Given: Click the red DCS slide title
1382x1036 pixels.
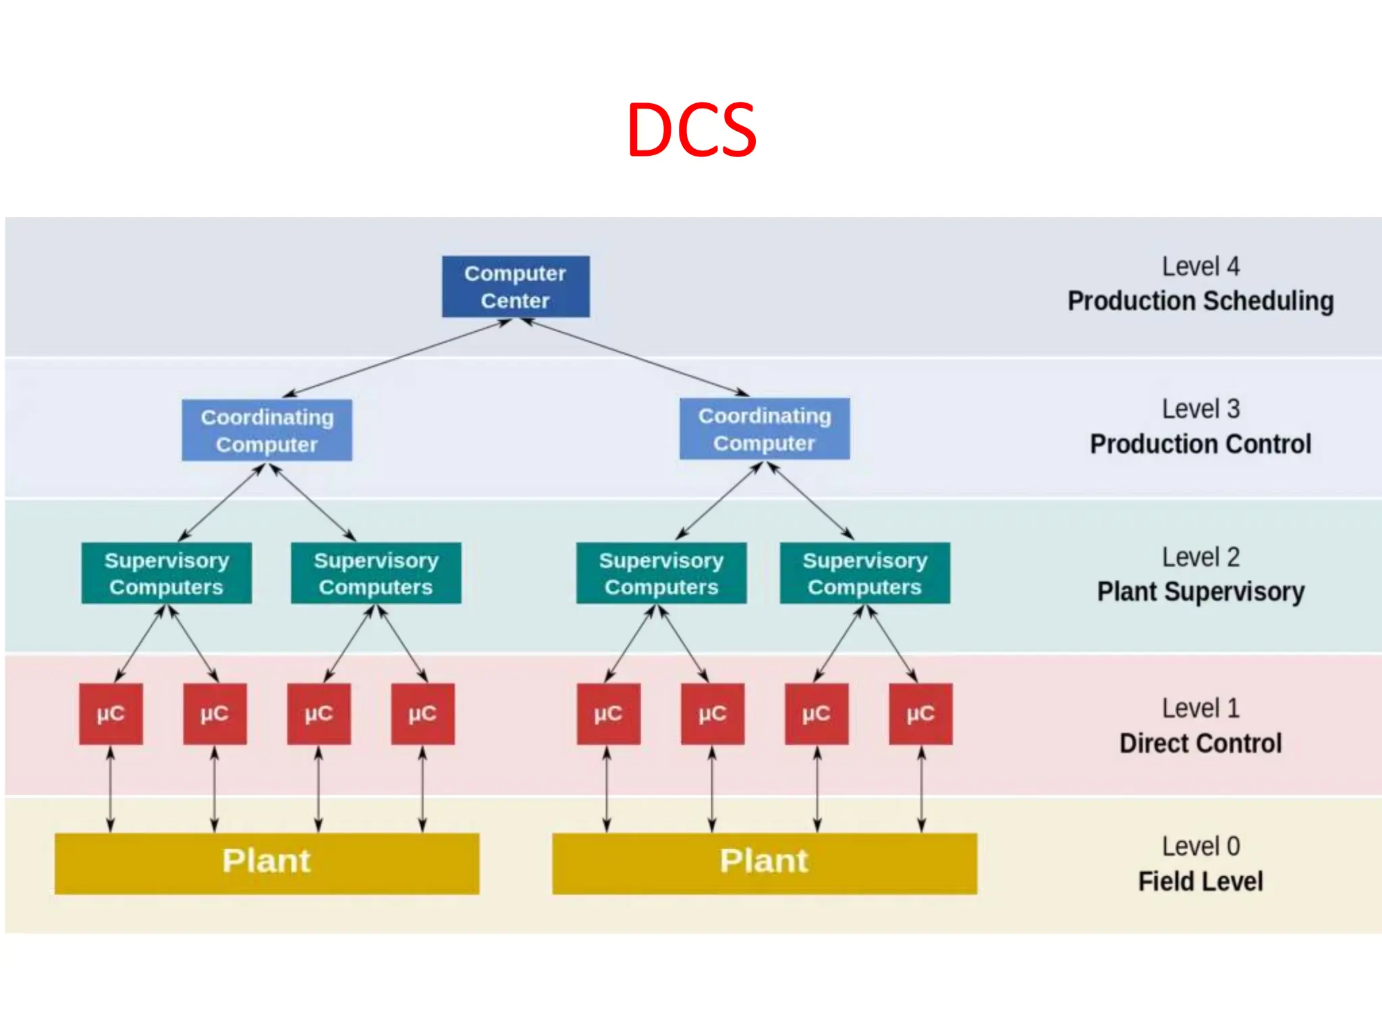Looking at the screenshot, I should click(691, 129).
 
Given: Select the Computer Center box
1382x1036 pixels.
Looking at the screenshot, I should click(516, 287).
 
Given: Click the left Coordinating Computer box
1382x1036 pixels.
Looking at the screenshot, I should click(267, 430).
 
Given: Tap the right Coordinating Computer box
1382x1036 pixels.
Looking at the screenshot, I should click(765, 429).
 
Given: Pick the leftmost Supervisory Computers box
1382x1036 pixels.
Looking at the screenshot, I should click(167, 573).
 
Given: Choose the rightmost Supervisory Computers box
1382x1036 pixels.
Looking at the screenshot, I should click(865, 573).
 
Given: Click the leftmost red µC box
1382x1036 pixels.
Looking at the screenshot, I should click(111, 714).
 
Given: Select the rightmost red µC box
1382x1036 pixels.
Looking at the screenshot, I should click(920, 714).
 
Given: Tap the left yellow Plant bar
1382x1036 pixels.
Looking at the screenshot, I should click(267, 863).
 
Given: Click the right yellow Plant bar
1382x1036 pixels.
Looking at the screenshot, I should click(765, 863).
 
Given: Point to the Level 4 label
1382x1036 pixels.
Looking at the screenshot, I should click(1200, 266).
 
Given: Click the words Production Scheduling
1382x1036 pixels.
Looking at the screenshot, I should click(1200, 301).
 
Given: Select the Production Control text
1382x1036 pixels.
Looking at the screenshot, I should click(1200, 444).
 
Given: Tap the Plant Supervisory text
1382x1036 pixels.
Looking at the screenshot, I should click(1200, 592).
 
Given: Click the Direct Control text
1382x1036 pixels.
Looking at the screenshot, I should click(1200, 743).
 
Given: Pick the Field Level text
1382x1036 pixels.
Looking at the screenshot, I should click(1200, 881).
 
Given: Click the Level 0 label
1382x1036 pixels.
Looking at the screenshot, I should click(1200, 846).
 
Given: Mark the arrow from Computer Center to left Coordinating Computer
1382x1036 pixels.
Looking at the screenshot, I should click(397, 358).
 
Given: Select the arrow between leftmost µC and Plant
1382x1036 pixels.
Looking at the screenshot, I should click(111, 789).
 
